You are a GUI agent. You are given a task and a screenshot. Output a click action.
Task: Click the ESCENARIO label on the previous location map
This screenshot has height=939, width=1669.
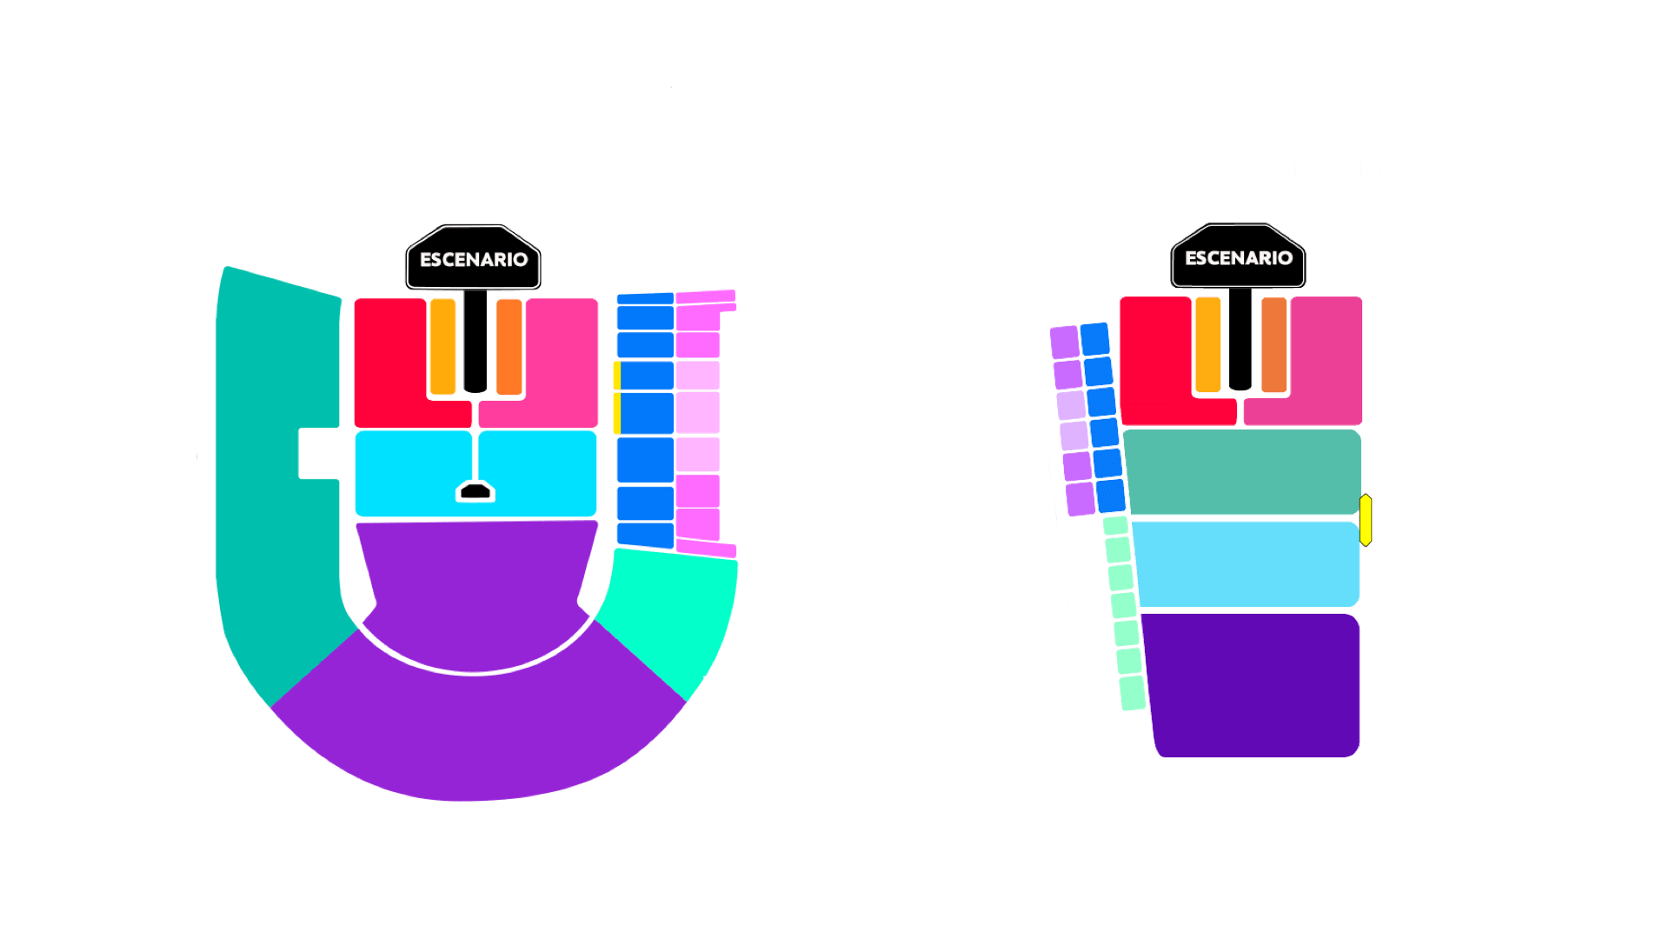(474, 260)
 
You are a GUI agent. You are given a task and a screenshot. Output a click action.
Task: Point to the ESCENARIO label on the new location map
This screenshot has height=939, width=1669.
(1239, 258)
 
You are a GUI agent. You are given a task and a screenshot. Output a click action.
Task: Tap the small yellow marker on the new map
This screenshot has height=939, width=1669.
(1366, 520)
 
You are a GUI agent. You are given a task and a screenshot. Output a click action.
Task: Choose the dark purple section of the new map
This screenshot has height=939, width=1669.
(1252, 687)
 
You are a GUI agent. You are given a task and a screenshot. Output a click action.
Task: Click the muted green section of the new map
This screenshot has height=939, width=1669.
(1243, 471)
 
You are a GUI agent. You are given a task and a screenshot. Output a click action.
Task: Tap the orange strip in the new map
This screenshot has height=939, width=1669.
(1273, 344)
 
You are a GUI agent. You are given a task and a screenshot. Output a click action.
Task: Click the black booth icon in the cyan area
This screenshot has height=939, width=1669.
(475, 492)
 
